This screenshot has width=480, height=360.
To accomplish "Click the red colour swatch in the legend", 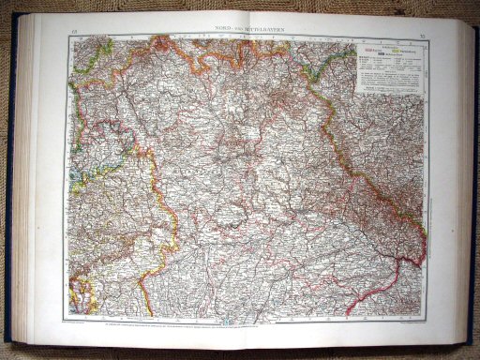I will click(x=368, y=46).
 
